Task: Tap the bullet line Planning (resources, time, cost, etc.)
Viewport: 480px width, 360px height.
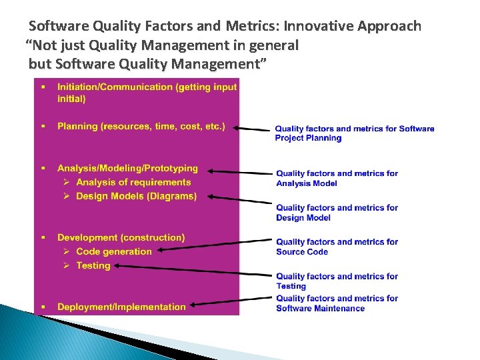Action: (141, 126)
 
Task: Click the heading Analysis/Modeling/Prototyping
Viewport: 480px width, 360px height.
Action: (127, 169)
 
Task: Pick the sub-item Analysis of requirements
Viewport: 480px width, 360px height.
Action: (133, 182)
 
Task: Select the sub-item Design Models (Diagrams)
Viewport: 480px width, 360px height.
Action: (136, 196)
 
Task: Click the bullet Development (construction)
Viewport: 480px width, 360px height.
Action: (121, 237)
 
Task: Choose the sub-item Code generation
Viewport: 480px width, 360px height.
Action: (114, 251)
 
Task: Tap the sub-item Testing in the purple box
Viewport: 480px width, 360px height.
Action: (93, 265)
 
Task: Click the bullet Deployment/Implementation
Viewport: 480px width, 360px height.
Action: (121, 307)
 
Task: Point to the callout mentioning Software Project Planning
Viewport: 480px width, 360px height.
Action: (354, 133)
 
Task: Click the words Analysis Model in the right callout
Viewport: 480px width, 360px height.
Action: (307, 183)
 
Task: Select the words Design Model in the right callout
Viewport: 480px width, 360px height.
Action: (304, 217)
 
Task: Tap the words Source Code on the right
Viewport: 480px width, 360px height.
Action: (302, 252)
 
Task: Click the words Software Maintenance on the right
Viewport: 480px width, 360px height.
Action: (321, 308)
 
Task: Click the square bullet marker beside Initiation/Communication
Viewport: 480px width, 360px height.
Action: (43, 87)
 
